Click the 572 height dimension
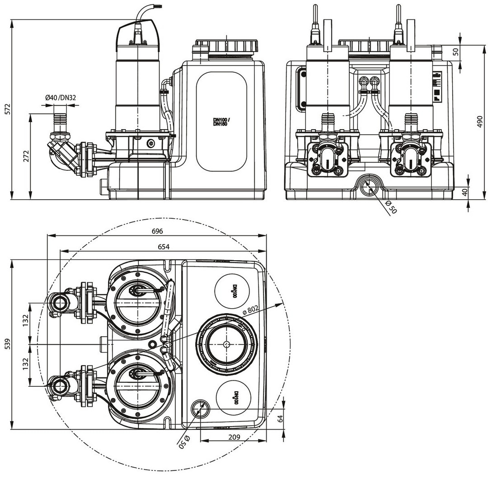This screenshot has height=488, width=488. coord(6,109)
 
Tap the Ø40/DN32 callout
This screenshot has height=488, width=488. coord(60,97)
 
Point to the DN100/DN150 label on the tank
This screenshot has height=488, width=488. coord(221,122)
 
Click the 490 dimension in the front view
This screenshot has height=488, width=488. coord(480,122)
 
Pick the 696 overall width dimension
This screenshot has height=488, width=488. coord(157,231)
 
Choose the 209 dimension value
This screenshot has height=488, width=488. coord(234,437)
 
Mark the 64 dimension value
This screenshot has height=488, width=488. coord(280,418)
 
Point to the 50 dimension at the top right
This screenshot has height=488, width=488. coord(455,51)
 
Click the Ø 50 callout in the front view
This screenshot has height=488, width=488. coord(391,207)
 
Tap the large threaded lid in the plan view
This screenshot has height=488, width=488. coord(226,344)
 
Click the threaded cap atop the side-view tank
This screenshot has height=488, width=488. coord(226,46)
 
